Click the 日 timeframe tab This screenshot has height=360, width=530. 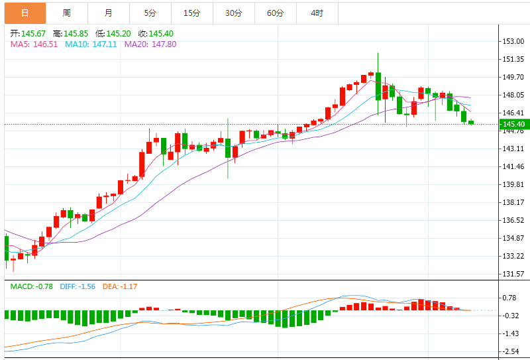(25, 13)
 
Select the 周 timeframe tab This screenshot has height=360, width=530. (67, 13)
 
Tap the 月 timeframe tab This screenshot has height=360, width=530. (109, 13)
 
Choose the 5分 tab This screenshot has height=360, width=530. (150, 13)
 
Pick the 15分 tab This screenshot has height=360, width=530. (192, 13)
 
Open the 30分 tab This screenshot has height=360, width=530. (233, 13)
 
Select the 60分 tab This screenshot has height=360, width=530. (275, 13)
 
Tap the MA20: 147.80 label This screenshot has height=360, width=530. (152, 44)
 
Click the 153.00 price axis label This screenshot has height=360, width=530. (513, 41)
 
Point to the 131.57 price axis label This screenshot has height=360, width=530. (513, 274)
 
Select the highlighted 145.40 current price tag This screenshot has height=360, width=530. (513, 124)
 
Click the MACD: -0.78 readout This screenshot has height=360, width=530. (31, 286)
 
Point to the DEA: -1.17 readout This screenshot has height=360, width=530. (119, 286)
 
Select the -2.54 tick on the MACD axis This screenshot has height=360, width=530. (511, 351)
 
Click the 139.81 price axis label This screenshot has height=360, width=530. (513, 184)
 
